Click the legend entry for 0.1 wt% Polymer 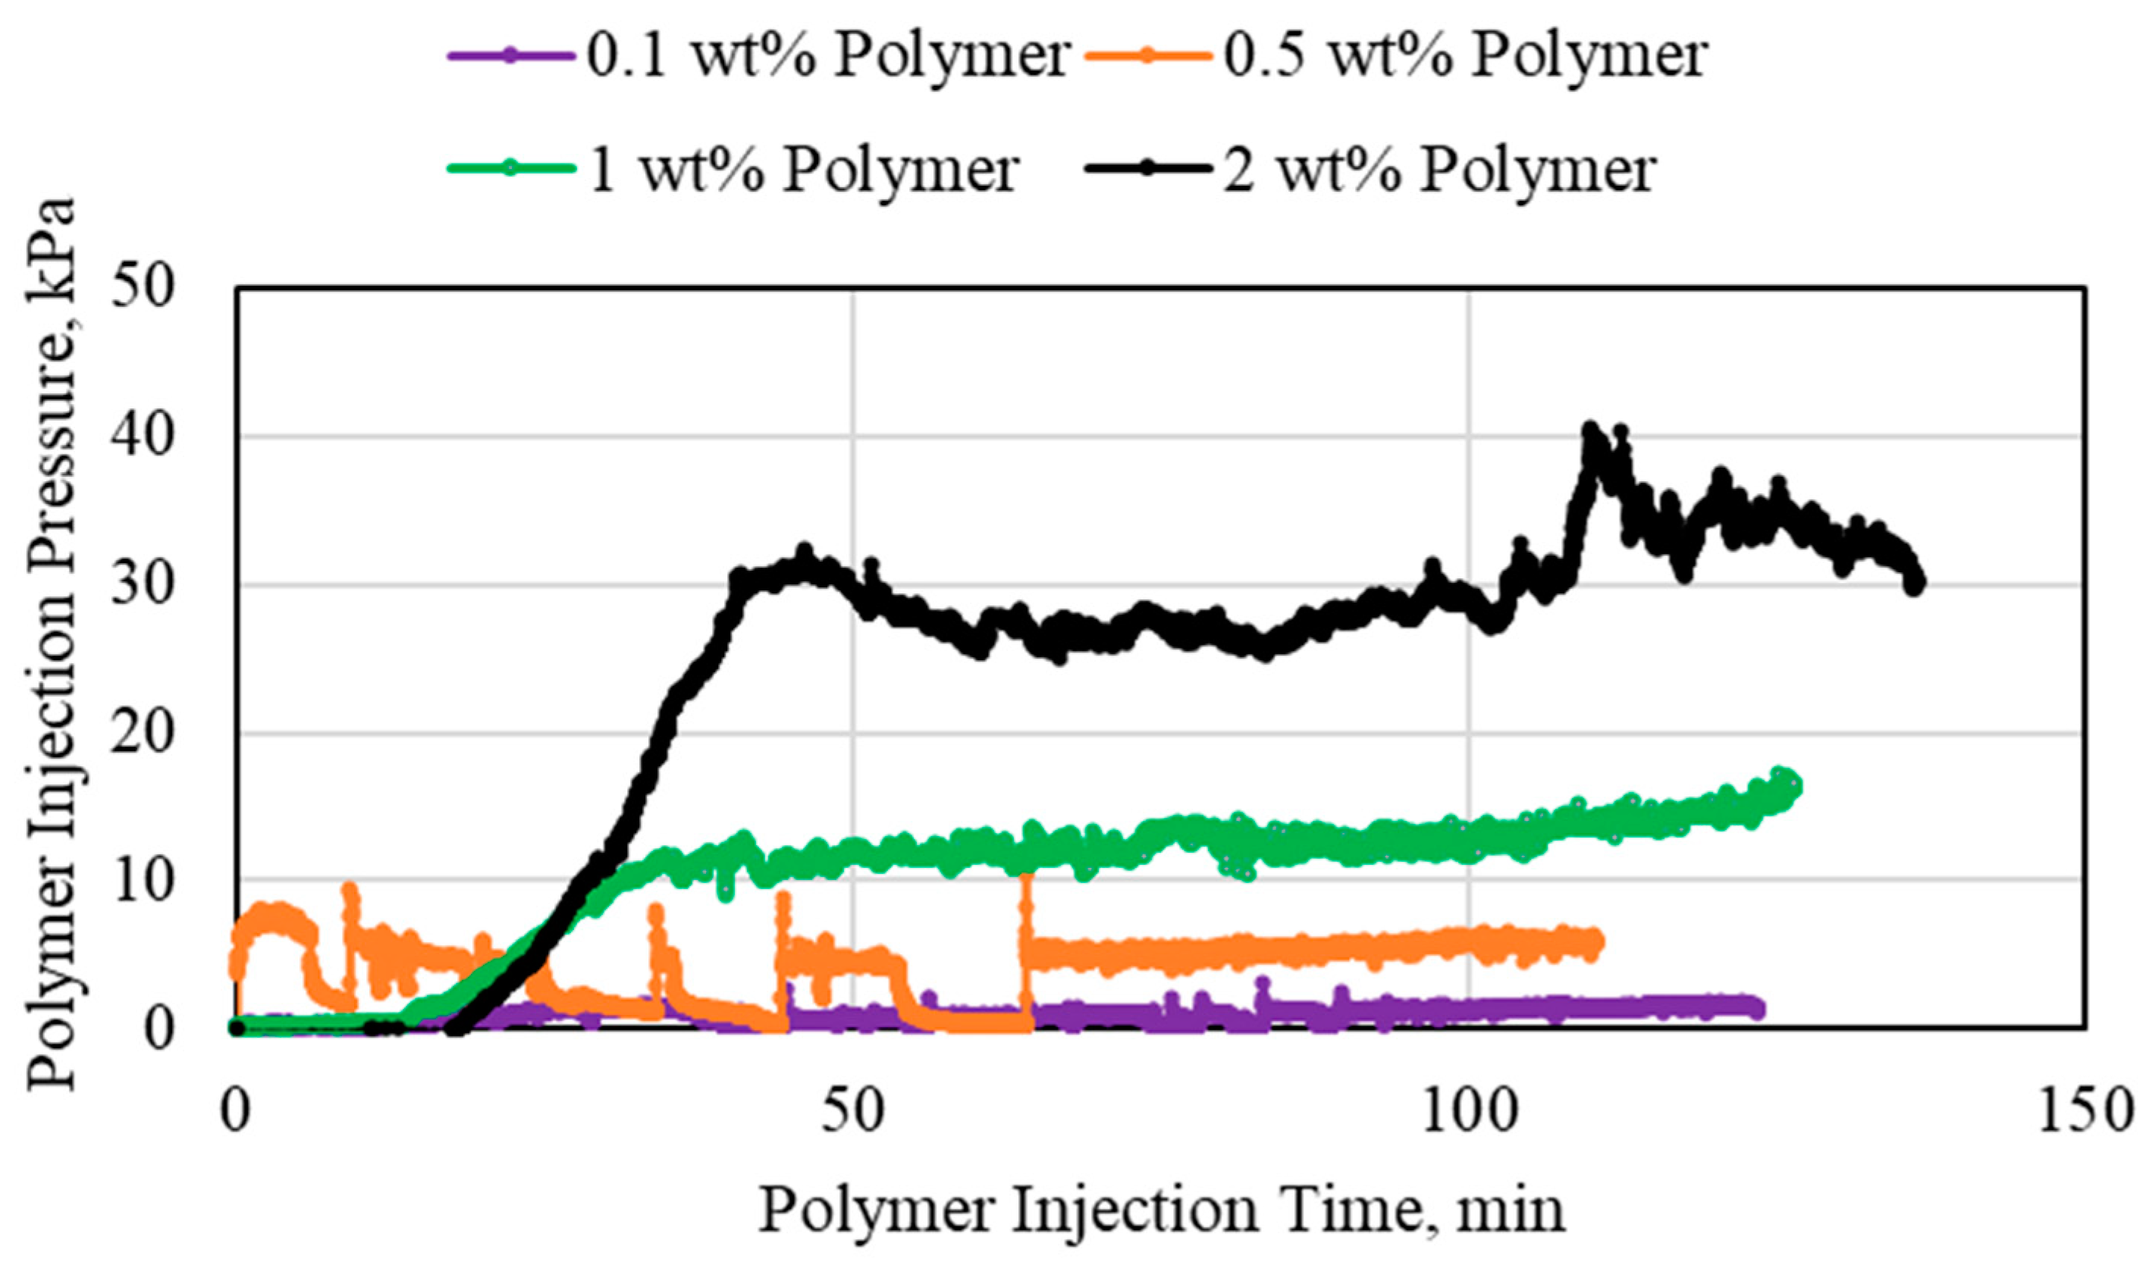pos(827,56)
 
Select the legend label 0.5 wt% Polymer pos(1465,56)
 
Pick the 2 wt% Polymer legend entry pos(1439,169)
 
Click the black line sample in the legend pos(1148,170)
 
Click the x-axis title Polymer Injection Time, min pos(1161,1210)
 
